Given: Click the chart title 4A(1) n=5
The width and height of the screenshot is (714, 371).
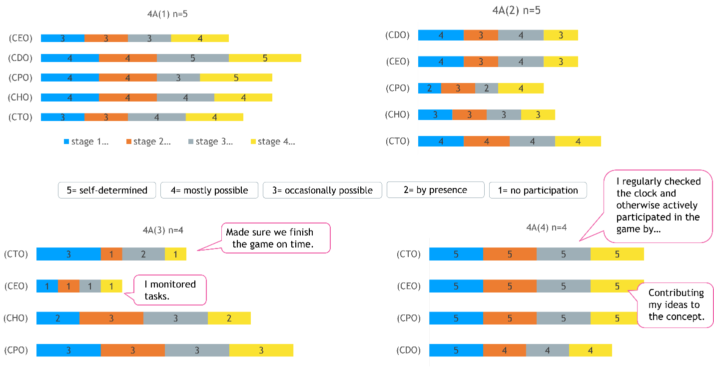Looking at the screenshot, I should pos(164,14).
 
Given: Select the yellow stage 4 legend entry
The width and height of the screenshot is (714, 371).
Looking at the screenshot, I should pos(272,141).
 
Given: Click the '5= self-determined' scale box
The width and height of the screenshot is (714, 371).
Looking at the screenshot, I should pos(107,190).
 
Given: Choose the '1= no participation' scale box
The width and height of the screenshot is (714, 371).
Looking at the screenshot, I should pos(538,190).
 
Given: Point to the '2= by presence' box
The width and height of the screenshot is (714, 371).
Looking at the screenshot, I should pos(435,190).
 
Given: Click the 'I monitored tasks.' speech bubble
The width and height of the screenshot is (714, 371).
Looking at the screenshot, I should pos(170,289).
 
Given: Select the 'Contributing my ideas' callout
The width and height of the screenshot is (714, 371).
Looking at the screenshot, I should pos(676,304).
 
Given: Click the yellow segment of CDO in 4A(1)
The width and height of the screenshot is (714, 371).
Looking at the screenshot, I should pos(265,58).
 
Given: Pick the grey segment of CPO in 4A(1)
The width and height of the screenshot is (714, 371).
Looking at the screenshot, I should pos(178,77).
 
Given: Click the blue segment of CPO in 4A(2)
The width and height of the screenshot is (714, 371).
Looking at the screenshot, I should pos(430,88).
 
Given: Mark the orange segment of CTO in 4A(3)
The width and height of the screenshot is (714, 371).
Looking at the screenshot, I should pos(111,254).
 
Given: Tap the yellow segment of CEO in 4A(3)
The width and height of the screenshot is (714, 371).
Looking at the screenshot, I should pos(111,286).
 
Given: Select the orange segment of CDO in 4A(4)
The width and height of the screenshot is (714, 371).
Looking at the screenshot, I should pos(505,350).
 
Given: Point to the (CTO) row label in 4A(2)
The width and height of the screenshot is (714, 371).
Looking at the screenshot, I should pos(397,141).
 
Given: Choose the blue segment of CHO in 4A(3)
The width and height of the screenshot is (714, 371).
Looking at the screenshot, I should pos(58,318).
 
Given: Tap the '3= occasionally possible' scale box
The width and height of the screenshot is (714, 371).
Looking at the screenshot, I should pos(322,190).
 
